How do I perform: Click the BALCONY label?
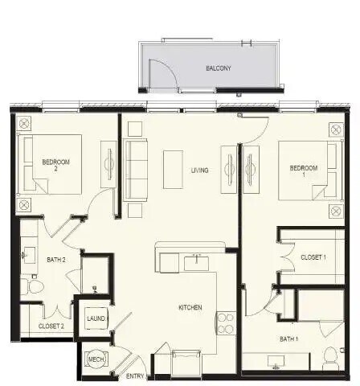click(x=218, y=68)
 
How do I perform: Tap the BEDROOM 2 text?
click(x=56, y=166)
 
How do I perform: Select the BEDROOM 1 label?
click(x=304, y=170)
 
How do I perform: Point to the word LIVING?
click(x=200, y=170)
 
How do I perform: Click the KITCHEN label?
click(x=190, y=307)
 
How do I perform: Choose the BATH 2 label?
click(x=55, y=259)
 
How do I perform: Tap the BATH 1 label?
click(x=288, y=339)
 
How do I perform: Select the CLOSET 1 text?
click(x=313, y=257)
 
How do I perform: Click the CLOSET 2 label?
click(x=51, y=326)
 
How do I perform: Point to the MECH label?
click(x=95, y=359)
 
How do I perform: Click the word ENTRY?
click(x=135, y=375)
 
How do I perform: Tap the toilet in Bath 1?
click(x=329, y=355)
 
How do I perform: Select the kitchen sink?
click(x=194, y=262)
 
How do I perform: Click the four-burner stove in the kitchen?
click(x=225, y=322)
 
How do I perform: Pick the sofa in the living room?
click(x=136, y=169)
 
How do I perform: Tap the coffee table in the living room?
click(x=173, y=170)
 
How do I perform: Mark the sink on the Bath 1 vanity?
click(x=276, y=366)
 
